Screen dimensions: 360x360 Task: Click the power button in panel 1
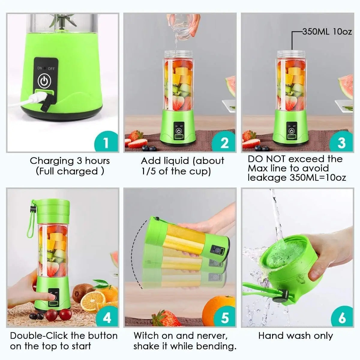click(x=44, y=81)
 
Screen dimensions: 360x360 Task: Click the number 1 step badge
click(x=106, y=142)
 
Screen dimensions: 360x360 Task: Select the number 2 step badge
click(x=224, y=142)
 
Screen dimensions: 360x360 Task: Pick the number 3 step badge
click(x=341, y=142)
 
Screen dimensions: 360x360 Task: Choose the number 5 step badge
click(x=224, y=317)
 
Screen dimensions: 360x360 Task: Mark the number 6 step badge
click(x=342, y=317)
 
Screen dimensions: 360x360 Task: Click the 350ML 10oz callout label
click(x=327, y=31)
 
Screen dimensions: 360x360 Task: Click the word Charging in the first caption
click(x=52, y=161)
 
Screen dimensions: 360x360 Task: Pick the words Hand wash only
click(x=295, y=335)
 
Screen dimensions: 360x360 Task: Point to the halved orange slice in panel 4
click(x=93, y=300)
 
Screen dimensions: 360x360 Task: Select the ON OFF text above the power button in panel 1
click(x=46, y=68)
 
